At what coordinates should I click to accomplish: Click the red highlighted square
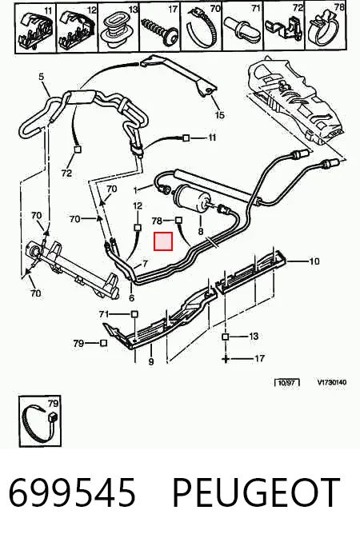(163, 241)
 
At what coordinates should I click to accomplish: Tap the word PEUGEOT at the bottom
(256, 492)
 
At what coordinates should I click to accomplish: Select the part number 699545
(72, 492)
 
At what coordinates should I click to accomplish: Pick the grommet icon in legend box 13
(118, 29)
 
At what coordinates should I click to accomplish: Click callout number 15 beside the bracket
(219, 114)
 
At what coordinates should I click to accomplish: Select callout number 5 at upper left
(42, 76)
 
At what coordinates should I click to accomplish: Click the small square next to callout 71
(134, 314)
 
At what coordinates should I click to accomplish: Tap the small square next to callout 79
(103, 343)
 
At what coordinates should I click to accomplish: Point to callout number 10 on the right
(314, 261)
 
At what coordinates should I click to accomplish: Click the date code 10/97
(286, 382)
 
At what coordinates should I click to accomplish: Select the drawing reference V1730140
(331, 382)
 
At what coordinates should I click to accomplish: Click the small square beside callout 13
(225, 337)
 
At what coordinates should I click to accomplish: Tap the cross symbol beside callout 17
(226, 359)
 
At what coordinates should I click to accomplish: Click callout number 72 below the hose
(66, 173)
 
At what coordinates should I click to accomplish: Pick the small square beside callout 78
(178, 220)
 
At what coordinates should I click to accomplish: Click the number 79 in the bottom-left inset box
(54, 403)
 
